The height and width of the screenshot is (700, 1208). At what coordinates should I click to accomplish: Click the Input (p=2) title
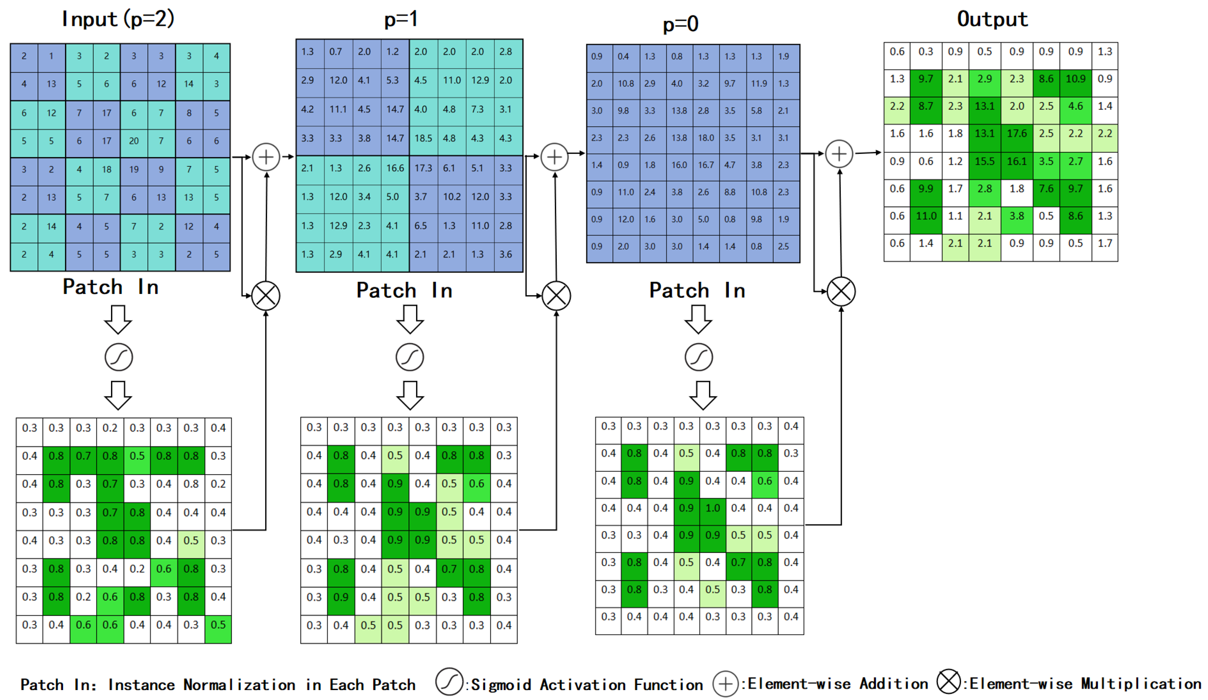click(x=118, y=19)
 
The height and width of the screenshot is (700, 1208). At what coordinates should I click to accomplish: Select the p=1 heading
click(x=401, y=19)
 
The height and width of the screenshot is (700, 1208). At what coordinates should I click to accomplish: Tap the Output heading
click(x=992, y=19)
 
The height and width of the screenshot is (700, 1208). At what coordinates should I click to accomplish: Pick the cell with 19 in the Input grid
click(x=134, y=169)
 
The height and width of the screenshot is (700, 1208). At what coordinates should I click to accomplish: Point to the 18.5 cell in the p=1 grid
click(x=423, y=138)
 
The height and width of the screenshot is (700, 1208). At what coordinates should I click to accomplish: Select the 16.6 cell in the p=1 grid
click(x=395, y=168)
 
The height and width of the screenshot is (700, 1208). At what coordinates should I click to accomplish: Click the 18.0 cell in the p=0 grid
click(x=705, y=138)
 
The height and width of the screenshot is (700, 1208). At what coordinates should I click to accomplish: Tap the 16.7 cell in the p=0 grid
click(x=705, y=165)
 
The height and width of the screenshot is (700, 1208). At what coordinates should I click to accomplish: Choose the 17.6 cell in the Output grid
click(x=1016, y=133)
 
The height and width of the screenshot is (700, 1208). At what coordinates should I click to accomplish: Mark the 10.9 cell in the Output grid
click(x=1075, y=79)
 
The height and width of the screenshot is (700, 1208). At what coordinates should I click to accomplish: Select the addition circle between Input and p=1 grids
click(x=266, y=157)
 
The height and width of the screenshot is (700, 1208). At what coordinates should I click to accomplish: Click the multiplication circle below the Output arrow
click(x=841, y=291)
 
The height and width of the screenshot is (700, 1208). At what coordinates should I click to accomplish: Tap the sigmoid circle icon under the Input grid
click(x=118, y=357)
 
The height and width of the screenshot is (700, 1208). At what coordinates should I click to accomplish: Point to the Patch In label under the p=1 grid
click(x=404, y=291)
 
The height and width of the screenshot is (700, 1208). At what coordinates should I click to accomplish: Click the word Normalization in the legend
click(x=239, y=685)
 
